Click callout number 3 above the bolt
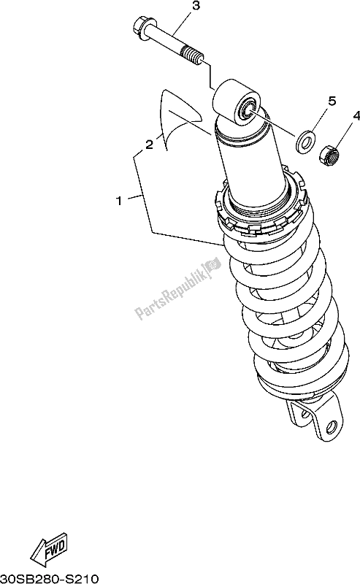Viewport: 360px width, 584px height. (196, 7)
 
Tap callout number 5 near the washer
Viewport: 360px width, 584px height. (332, 101)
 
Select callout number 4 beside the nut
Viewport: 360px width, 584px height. (356, 116)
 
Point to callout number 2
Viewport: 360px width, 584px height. (149, 145)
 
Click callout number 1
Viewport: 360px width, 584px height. (119, 201)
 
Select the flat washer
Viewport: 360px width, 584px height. (305, 141)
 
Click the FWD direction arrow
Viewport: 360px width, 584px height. (49, 547)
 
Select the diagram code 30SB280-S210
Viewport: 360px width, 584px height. (49, 578)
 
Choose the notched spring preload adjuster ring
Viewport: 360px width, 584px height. (261, 209)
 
